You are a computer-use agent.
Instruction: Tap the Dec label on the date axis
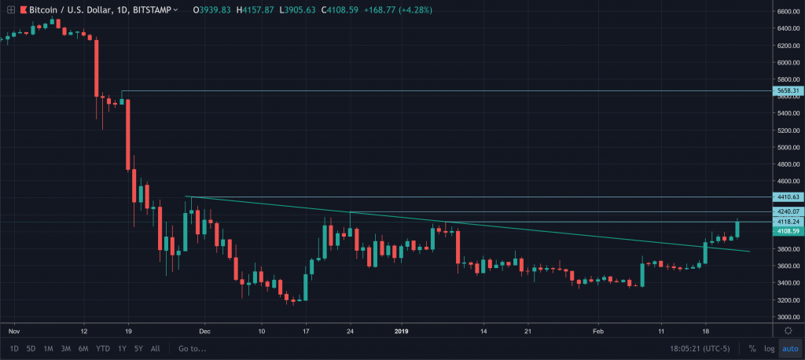(204, 332)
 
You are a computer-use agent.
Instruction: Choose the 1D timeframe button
(14, 348)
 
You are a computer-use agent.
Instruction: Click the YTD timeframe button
(102, 348)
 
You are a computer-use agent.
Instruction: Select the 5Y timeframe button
(138, 348)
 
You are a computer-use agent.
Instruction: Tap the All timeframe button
(155, 348)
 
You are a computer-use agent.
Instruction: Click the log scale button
(769, 348)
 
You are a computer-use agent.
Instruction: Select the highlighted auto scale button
(790, 348)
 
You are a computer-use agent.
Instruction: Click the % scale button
(752, 348)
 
